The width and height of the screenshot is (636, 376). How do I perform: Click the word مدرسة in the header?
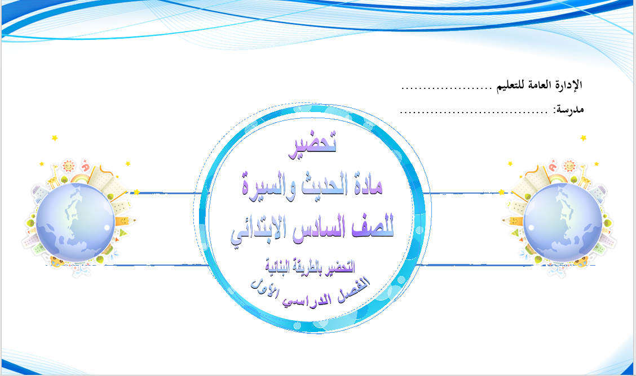[569, 109]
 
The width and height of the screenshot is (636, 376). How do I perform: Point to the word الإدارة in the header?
[567, 84]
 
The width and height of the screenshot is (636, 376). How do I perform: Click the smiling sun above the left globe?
[68, 166]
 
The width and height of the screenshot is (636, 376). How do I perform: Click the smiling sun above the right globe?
[569, 166]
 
